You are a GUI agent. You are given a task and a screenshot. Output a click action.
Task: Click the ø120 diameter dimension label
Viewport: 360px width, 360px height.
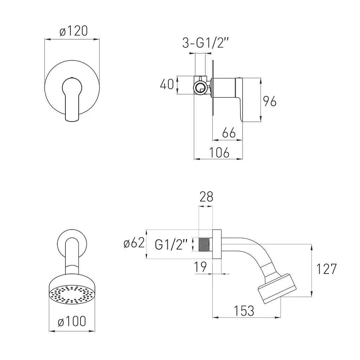(x=73, y=31)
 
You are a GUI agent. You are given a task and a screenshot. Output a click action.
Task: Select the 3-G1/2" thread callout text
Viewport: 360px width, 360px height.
(x=205, y=43)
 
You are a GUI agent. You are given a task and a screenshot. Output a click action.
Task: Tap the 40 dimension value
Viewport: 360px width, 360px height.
(x=167, y=84)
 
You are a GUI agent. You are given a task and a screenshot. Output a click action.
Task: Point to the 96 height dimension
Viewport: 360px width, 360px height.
(x=270, y=101)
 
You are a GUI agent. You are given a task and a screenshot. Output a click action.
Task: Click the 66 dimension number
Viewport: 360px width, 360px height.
(x=229, y=133)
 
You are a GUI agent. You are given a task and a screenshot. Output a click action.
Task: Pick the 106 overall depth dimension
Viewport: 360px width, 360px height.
(x=219, y=153)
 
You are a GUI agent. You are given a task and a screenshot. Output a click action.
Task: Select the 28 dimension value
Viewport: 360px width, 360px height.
(x=206, y=197)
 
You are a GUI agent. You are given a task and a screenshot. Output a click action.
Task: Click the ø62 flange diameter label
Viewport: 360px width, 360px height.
(x=134, y=243)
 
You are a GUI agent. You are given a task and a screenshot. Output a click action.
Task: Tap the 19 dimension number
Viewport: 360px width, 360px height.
(x=200, y=267)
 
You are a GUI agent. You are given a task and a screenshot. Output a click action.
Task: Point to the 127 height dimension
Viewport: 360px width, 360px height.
(x=326, y=269)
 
